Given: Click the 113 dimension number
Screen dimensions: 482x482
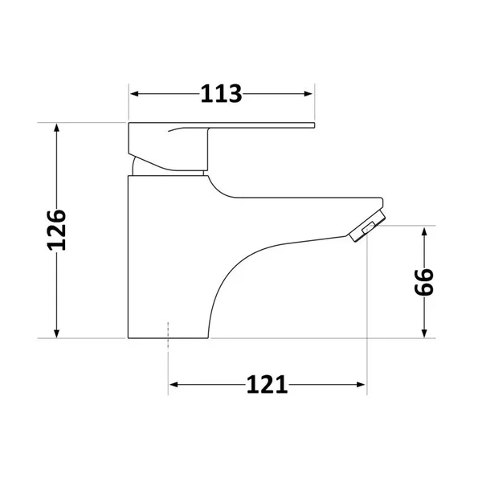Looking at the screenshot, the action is pyautogui.click(x=222, y=94).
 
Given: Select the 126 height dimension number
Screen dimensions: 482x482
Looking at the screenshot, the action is pyautogui.click(x=56, y=231).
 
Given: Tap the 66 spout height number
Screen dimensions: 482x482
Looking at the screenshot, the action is pyautogui.click(x=424, y=282).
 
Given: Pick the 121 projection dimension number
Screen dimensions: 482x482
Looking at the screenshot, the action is pyautogui.click(x=268, y=385).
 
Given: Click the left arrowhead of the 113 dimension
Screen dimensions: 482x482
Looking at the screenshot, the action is pyautogui.click(x=134, y=94).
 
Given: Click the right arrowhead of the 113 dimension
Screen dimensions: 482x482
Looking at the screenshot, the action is pyautogui.click(x=308, y=94).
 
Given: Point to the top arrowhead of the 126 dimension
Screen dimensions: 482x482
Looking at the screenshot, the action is pyautogui.click(x=56, y=128).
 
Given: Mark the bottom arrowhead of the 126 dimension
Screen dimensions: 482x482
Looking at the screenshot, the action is pyautogui.click(x=56, y=333).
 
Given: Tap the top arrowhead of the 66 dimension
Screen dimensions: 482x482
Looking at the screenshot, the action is pyautogui.click(x=424, y=231).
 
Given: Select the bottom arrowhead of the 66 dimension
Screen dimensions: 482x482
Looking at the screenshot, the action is pyautogui.click(x=424, y=333).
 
